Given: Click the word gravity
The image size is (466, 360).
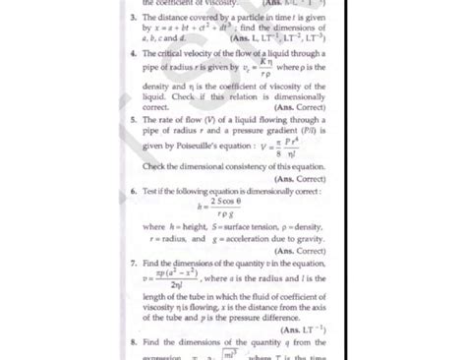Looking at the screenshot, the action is pyautogui.click(x=304, y=238).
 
